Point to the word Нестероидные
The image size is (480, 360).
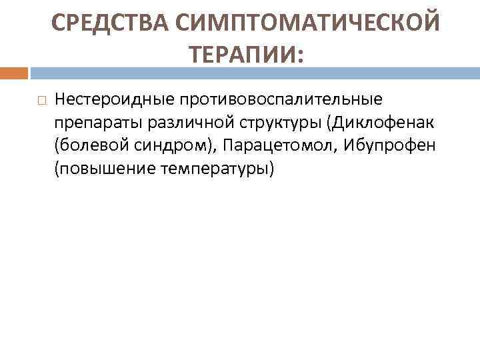pyautogui.click(x=114, y=99)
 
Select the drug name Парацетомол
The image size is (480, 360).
pyautogui.click(x=279, y=146)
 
